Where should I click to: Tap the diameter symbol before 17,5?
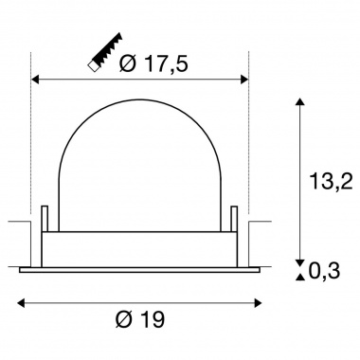pyautogui.click(x=130, y=64)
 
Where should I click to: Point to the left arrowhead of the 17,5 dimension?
pyautogui.click(x=37, y=80)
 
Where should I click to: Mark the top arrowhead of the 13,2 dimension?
pyautogui.click(x=301, y=100)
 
